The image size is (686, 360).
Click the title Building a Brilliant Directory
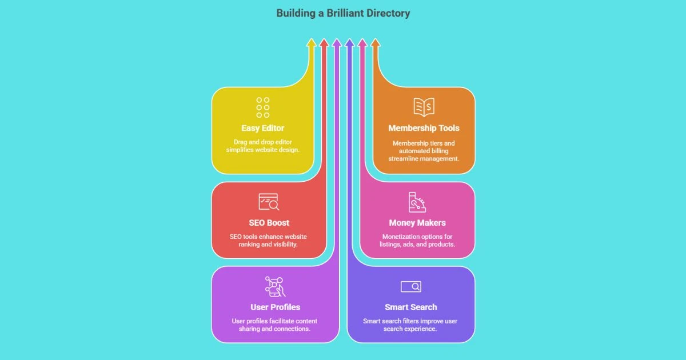point(343,13)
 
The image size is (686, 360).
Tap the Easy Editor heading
point(262,128)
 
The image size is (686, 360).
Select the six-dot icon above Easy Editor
point(263,107)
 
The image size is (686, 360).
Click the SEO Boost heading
point(269,223)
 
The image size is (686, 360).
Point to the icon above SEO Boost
point(269,202)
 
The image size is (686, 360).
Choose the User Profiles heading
point(275,307)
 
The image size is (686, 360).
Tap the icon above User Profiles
point(275,286)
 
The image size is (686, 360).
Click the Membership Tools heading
point(424,128)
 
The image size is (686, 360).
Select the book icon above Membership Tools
point(424,107)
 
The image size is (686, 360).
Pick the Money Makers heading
point(417,223)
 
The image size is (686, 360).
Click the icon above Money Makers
point(417,202)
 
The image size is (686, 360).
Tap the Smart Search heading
point(411,307)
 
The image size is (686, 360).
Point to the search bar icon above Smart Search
point(411,286)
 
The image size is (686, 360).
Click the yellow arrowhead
point(311,42)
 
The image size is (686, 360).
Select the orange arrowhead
point(375,42)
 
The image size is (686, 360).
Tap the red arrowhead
point(324,42)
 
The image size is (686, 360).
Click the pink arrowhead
point(362,42)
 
